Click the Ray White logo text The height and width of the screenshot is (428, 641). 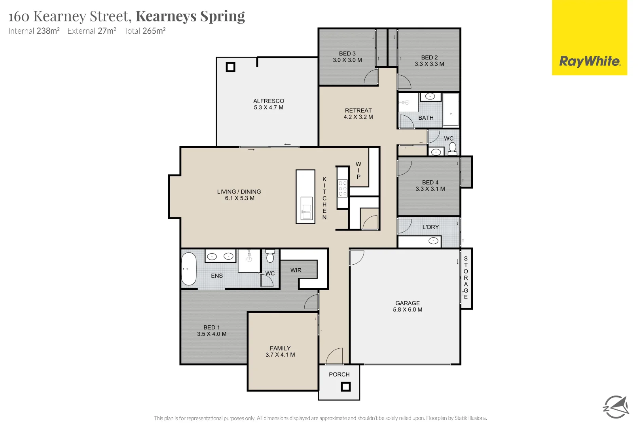[x=589, y=61]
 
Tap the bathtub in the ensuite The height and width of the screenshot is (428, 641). [x=189, y=269]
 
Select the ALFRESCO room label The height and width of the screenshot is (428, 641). [x=269, y=101]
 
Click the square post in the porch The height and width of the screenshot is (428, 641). [x=346, y=386]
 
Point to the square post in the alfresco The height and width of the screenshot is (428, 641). [x=230, y=67]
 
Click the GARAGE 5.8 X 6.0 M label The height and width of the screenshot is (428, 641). [x=408, y=306]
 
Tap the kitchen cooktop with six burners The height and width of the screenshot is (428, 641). [x=343, y=189]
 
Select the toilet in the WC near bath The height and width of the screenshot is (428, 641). [x=453, y=148]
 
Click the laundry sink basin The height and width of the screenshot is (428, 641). [x=434, y=241]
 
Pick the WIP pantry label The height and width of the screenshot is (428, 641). [x=358, y=170]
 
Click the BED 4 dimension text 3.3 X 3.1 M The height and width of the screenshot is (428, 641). [x=430, y=189]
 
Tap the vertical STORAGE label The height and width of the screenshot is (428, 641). [x=466, y=277]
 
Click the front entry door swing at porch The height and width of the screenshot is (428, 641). [x=335, y=356]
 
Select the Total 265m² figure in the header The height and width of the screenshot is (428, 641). [x=144, y=31]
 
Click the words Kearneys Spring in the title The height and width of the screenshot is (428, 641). [x=190, y=16]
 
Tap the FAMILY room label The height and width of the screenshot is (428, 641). [x=280, y=348]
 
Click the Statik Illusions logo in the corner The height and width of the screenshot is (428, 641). [x=616, y=407]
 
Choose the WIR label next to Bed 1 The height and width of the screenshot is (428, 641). [x=296, y=270]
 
